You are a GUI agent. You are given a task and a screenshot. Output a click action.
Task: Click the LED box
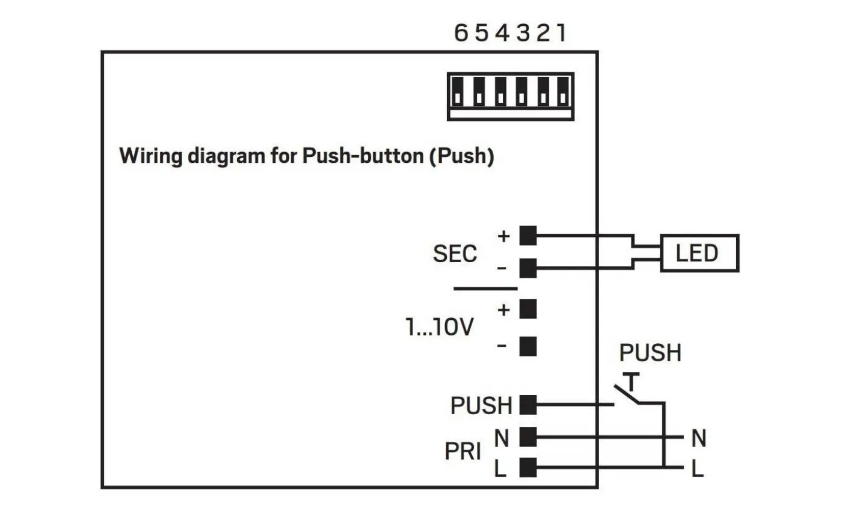tap(699, 253)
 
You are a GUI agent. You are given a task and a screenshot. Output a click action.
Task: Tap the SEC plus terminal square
tap(527, 236)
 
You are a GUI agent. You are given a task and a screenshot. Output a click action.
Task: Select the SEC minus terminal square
tap(527, 268)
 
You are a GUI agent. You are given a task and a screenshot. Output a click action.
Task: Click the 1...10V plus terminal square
tap(527, 309)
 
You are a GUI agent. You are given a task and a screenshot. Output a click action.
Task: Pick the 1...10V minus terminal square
tap(527, 346)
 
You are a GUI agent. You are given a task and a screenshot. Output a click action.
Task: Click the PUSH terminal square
tap(527, 405)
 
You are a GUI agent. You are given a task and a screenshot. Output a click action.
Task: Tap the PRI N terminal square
tap(527, 437)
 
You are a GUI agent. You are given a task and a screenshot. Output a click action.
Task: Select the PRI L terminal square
tap(527, 467)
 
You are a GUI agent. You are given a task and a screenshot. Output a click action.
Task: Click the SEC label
tap(455, 254)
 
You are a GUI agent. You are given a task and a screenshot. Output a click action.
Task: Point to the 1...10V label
tap(440, 327)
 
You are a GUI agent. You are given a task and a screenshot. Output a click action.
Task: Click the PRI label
tap(462, 451)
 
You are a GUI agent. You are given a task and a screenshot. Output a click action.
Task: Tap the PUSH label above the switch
tap(650, 353)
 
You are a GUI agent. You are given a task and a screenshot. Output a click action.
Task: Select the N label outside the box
tap(698, 438)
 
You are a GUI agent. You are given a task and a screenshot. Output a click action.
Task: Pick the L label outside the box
tap(698, 468)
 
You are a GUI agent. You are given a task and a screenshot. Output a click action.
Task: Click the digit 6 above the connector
tap(461, 32)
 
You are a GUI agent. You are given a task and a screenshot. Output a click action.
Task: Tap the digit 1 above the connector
tap(561, 32)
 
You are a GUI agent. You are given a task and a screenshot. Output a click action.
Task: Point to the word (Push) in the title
tap(461, 156)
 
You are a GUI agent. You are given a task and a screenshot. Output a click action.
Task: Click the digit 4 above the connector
tap(502, 32)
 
